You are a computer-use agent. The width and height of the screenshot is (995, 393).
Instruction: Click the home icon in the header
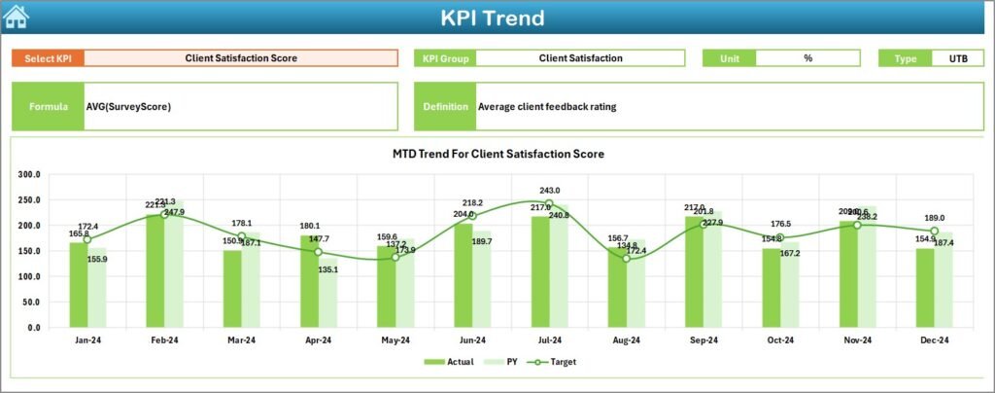17,17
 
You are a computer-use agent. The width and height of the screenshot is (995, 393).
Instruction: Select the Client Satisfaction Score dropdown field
241,58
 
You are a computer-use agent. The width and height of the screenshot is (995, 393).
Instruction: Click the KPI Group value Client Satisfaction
580,58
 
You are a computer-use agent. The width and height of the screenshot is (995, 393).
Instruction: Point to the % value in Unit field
807,58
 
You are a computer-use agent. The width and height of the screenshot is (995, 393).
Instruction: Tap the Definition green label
445,106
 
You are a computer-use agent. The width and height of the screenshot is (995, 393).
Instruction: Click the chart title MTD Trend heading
498,154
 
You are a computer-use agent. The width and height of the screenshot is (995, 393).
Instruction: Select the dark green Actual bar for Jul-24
540,271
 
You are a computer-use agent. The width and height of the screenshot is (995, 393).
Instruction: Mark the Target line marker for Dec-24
934,232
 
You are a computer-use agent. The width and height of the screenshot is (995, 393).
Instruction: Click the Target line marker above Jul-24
549,204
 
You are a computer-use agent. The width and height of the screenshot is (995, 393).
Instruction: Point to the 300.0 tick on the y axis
28,175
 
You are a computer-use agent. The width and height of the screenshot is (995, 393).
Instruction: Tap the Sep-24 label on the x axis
703,341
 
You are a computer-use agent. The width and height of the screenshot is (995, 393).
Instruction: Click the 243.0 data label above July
550,191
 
